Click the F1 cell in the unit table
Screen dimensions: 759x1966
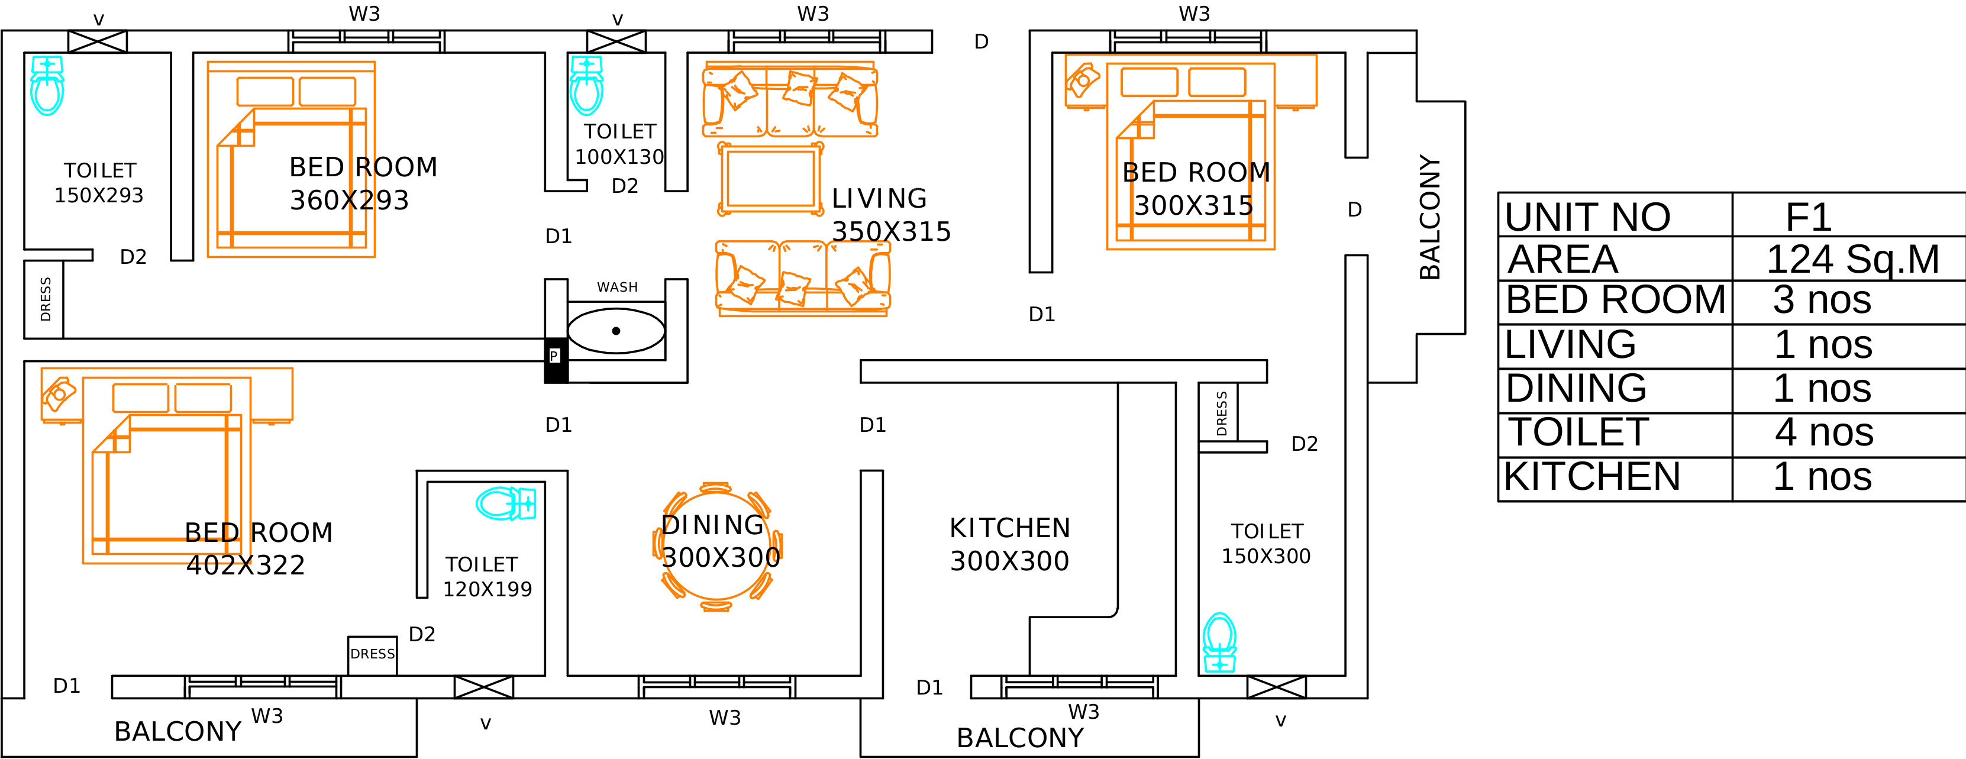pos(1808,217)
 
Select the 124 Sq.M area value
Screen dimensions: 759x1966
pos(1852,259)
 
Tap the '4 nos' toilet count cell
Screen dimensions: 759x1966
pos(1823,432)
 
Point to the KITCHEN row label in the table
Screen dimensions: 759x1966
pos(1592,477)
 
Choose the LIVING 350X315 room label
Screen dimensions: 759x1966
pos(890,215)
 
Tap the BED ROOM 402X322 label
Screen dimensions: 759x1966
pos(258,548)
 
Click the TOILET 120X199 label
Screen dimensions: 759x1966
pos(487,577)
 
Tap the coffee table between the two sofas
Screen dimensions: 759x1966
pos(771,179)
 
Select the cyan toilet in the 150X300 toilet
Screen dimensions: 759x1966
pos(1219,642)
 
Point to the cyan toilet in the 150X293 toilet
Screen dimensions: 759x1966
pos(47,85)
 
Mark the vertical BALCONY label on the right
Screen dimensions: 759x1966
pos(1429,217)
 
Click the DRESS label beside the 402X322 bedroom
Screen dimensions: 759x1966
pos(373,654)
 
